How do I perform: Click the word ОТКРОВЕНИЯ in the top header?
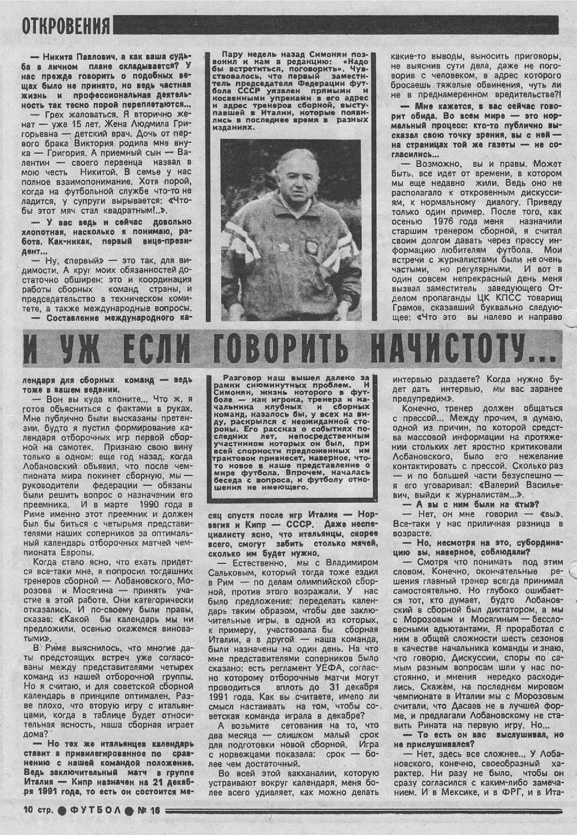coord(66,25)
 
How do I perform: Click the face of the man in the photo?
coord(291,187)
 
